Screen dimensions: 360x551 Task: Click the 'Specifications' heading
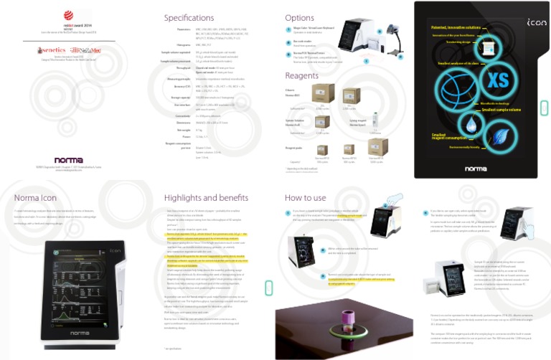coord(189,18)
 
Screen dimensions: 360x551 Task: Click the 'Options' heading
coord(299,18)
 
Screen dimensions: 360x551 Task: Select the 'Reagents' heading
coord(302,75)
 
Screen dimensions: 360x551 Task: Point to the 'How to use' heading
coord(305,197)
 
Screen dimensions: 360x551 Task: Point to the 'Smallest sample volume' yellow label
coord(501,109)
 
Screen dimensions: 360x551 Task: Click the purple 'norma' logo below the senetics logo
coord(68,160)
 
